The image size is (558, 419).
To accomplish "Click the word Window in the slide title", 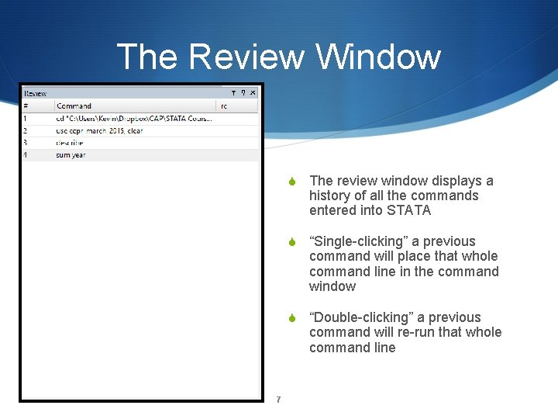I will [377, 57].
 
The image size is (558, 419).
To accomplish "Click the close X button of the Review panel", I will [253, 93].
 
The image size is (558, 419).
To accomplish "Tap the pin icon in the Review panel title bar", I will [243, 93].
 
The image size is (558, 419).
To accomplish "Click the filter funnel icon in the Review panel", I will [233, 93].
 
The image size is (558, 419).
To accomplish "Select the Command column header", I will [74, 106].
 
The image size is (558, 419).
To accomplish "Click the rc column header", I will [224, 106].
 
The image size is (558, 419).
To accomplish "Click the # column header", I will [26, 106].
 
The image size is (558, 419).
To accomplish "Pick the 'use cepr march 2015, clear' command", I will [99, 130].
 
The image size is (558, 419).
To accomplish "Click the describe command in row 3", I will [69, 143].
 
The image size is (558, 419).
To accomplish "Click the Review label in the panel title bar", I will [35, 93].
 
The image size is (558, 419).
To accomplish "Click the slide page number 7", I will [278, 400].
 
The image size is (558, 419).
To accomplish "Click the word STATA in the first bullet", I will [409, 210].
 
